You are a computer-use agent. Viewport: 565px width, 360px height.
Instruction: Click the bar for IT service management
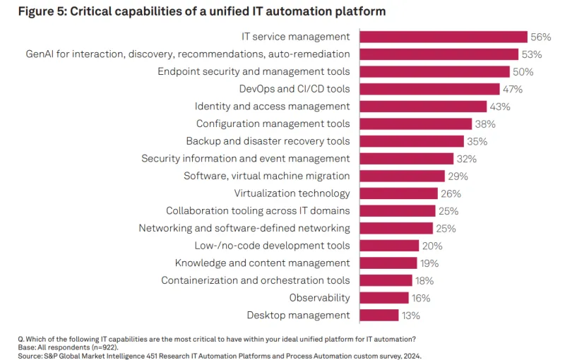[x=444, y=37]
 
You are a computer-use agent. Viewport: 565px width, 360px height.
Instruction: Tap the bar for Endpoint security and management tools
[x=434, y=71]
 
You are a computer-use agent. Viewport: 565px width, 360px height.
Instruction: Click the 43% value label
[x=500, y=107]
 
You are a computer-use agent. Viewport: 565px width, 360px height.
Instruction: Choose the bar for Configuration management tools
[x=415, y=124]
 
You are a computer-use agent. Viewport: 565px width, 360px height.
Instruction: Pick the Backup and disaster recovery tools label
[x=268, y=141]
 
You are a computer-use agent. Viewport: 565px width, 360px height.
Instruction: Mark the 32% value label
[x=466, y=159]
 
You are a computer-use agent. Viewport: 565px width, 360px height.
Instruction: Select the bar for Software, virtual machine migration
[x=402, y=176]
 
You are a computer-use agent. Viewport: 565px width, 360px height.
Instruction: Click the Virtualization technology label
[x=292, y=193]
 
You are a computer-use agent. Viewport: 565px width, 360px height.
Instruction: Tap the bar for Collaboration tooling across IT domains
[x=397, y=211]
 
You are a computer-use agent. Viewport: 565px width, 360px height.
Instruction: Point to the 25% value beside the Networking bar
[x=446, y=229]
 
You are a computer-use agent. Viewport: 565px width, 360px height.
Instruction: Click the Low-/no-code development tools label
[x=272, y=246]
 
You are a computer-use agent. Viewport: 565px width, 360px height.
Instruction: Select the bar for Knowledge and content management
[x=388, y=263]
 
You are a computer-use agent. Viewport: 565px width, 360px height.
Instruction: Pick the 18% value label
[x=424, y=281]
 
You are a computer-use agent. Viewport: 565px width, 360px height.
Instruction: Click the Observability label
[x=319, y=298]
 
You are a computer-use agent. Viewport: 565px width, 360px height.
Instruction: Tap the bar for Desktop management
[x=379, y=316]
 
